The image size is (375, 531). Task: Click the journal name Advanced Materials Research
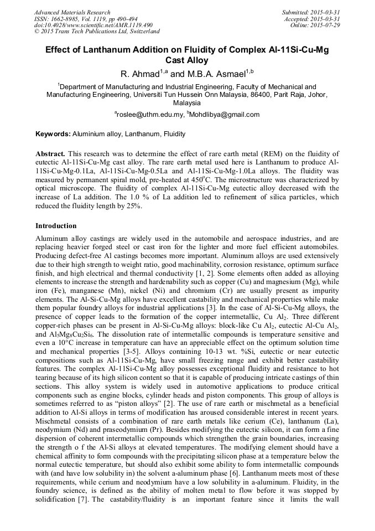(x=72, y=12)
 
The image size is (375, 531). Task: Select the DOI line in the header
(x=93, y=25)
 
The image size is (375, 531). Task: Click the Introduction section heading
(x=56, y=226)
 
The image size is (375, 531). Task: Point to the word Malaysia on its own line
(x=187, y=103)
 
